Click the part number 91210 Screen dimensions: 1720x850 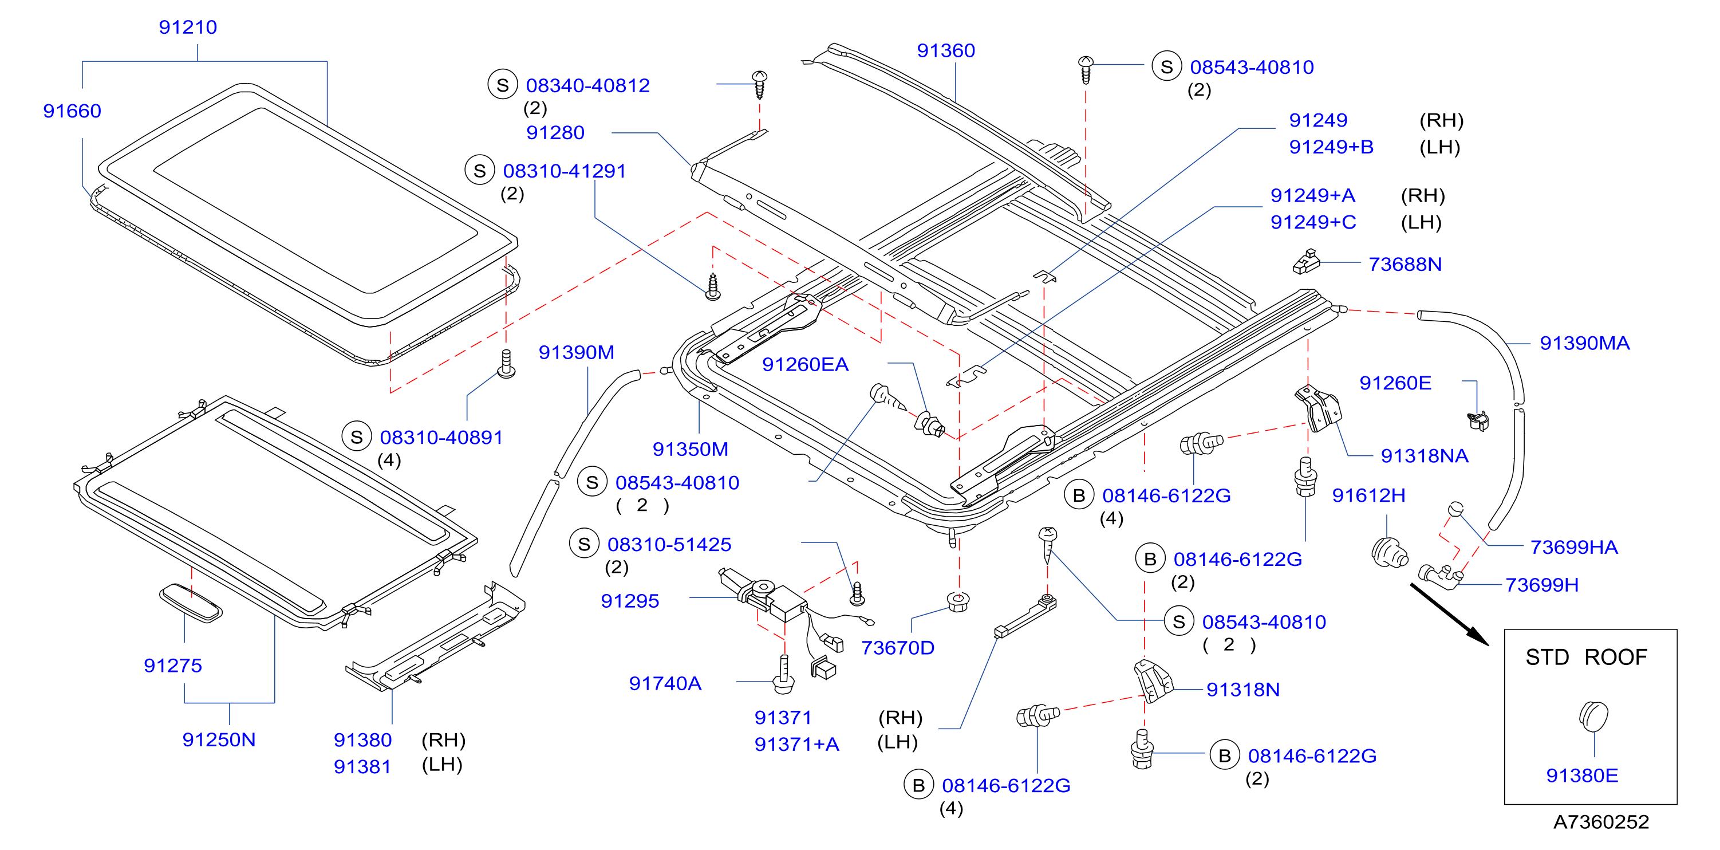188,27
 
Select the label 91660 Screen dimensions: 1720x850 72,111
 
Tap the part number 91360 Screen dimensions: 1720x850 945,51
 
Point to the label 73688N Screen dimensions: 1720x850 1405,265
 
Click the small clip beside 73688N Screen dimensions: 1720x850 1307,262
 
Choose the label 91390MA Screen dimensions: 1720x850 1584,343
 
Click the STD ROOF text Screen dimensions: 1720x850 1586,658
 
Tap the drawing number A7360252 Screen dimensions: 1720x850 1600,822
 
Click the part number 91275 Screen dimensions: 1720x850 173,666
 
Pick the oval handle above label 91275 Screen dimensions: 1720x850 191,603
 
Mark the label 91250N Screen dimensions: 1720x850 219,740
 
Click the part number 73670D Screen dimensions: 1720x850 897,648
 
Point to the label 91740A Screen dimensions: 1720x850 665,684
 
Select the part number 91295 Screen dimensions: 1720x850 630,601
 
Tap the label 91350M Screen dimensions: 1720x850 691,450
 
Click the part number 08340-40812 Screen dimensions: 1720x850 587,85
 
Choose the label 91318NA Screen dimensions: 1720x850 1424,456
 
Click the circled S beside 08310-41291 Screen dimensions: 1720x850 479,170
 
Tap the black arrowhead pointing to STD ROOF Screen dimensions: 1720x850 1478,636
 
